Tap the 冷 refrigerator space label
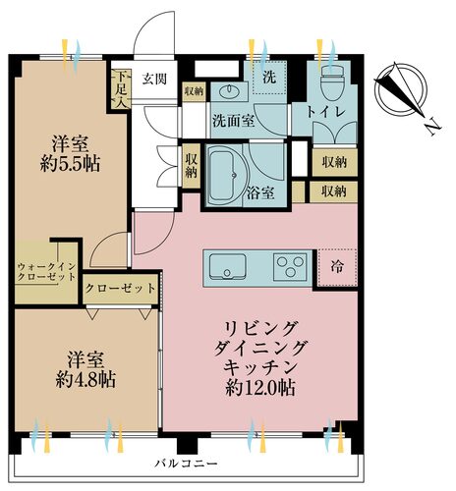(337, 264)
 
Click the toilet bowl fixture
(328, 80)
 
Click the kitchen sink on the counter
(224, 264)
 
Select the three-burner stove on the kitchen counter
(288, 265)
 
